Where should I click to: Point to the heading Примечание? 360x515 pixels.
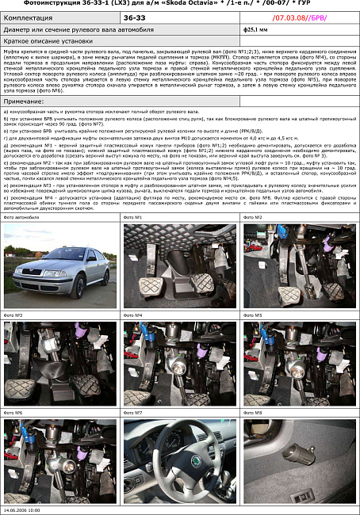click(x=25, y=102)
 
